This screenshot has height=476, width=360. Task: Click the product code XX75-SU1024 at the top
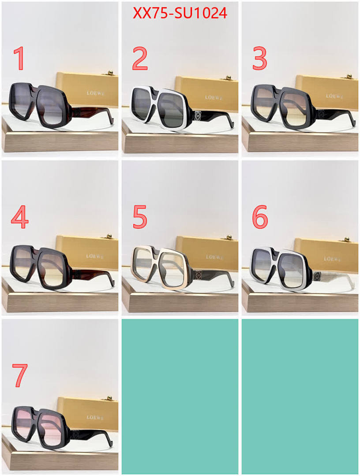pos(180,14)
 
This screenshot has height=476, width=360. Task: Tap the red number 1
pos(19,59)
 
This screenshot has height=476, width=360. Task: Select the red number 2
pos(139,59)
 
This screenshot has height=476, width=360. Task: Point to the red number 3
pos(260,59)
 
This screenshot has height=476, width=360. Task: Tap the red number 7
pos(19,375)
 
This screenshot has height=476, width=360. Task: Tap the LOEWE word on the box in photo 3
pos(334,96)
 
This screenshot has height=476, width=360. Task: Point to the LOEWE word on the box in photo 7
pos(95,417)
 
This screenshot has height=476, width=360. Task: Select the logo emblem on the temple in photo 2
pos(197,116)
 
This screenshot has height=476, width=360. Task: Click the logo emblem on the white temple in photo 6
pos(317,276)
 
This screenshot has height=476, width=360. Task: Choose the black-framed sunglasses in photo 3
pos(282,107)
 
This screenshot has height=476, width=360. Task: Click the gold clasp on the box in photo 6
pos(347,238)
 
